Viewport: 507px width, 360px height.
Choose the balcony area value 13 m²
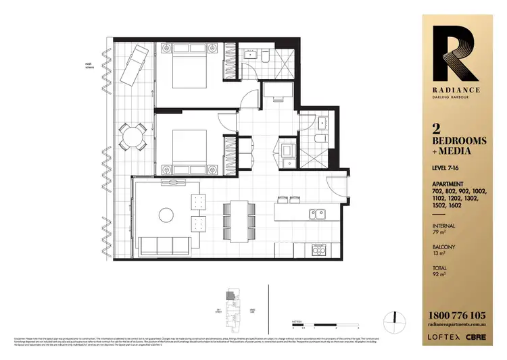point(438,255)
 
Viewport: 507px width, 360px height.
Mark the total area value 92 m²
point(438,276)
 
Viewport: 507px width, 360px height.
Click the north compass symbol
point(395,317)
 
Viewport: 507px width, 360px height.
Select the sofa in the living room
point(164,244)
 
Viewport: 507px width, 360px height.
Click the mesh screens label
point(88,66)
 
